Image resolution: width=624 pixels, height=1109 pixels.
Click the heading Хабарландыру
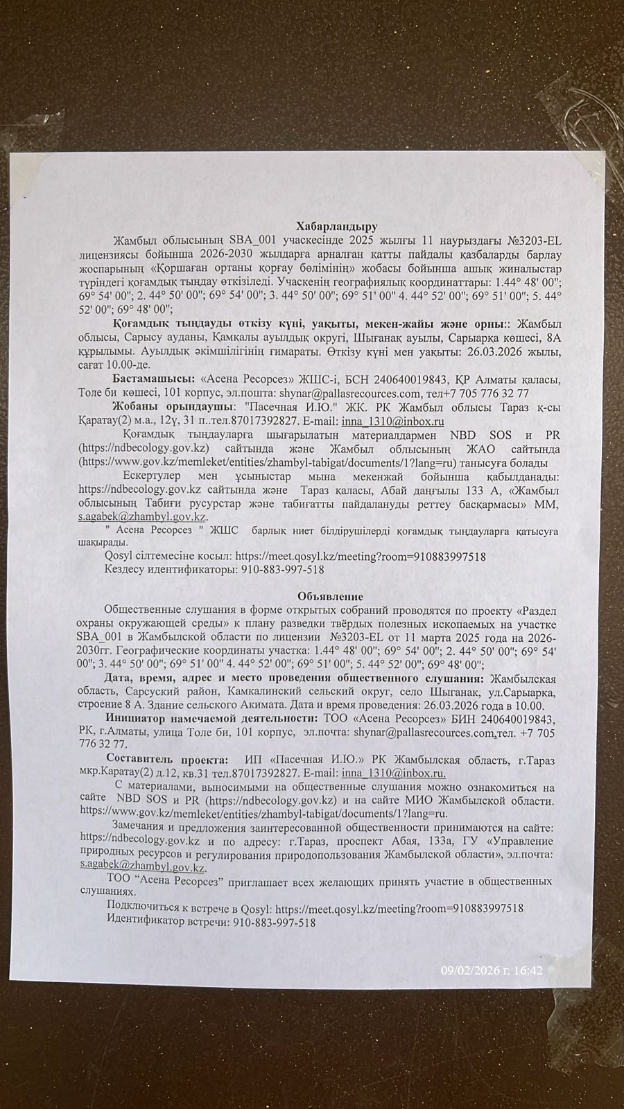pos(336,226)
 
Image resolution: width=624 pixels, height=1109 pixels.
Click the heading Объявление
pos(330,596)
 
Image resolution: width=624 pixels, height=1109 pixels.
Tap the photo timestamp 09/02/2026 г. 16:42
pos(492,971)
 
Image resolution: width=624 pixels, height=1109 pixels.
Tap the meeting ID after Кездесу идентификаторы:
pos(282,570)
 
